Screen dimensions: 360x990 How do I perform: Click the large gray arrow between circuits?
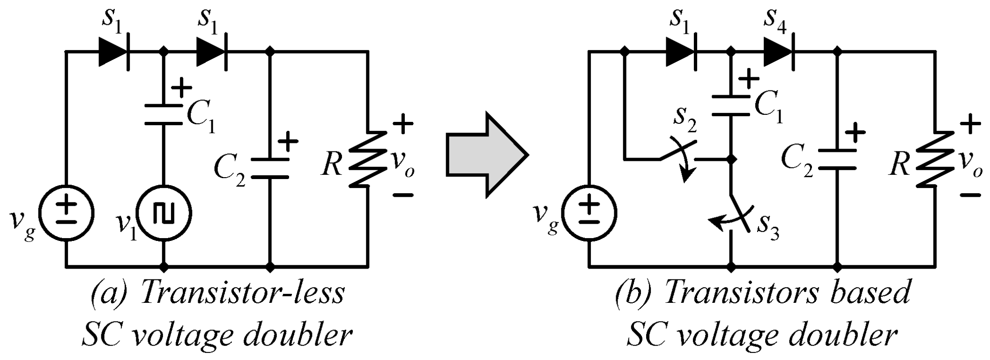[x=485, y=155]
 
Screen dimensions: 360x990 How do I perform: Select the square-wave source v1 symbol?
[x=164, y=213]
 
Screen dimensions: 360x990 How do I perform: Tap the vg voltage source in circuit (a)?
[x=66, y=213]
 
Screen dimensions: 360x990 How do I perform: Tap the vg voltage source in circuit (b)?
[x=590, y=213]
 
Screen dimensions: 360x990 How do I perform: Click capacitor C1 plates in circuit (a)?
[x=164, y=115]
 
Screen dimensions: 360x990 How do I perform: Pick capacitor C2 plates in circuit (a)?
[x=270, y=168]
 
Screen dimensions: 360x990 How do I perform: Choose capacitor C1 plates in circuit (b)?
[x=731, y=105]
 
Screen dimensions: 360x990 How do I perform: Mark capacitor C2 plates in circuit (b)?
[x=838, y=159]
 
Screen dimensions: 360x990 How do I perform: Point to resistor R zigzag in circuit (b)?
[x=935, y=159]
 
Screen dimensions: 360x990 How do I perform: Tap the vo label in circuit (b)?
[x=970, y=164]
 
